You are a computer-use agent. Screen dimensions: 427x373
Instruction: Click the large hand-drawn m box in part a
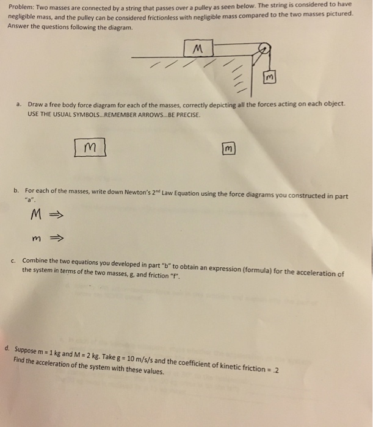point(90,147)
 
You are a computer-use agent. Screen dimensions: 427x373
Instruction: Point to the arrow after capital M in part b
point(56,215)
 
